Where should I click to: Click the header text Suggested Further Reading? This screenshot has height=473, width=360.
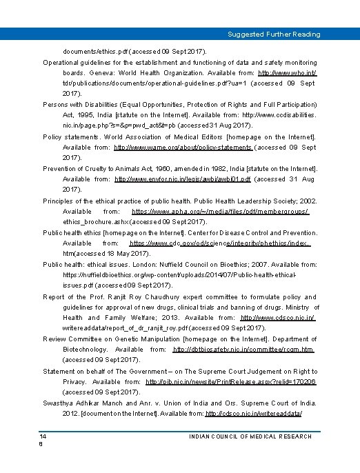[274, 34]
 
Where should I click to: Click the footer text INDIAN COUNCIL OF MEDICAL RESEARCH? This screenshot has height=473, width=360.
[250, 436]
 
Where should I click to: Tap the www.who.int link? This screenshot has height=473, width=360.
[288, 72]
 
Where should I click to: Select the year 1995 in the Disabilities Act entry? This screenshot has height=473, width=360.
[92, 115]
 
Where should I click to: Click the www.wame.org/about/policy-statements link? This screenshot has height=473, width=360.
[183, 147]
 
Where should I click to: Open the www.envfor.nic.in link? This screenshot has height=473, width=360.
[183, 179]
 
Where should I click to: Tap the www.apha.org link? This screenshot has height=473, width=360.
[220, 211]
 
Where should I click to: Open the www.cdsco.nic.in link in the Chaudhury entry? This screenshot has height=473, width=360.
[278, 318]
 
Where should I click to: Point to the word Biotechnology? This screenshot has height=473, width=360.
[86, 350]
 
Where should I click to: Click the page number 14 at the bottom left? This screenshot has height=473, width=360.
[43, 436]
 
